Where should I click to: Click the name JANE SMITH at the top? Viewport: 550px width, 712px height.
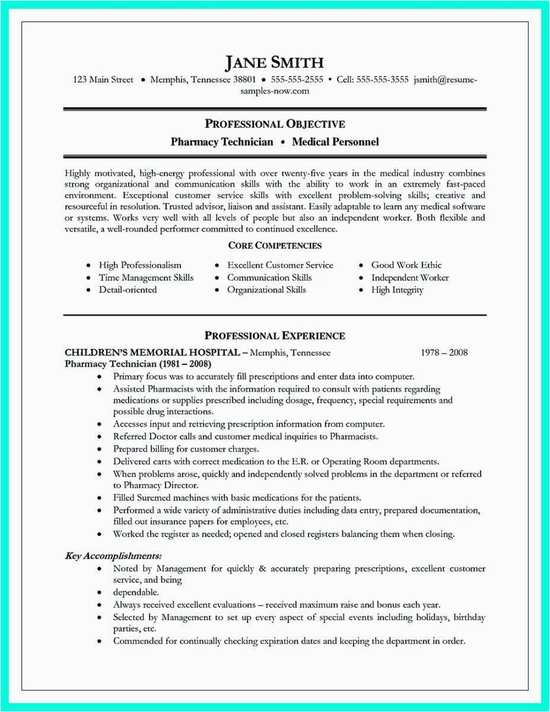(275, 62)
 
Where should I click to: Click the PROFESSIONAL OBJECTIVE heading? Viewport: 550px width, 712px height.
(275, 124)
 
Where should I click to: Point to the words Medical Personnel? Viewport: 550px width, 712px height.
(335, 142)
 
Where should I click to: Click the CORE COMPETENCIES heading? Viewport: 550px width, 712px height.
(275, 245)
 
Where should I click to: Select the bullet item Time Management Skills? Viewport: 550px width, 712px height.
(146, 278)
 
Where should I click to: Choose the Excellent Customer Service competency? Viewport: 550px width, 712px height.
(280, 265)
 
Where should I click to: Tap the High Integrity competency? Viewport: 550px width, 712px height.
(397, 290)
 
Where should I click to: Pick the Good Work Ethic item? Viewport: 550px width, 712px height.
(406, 265)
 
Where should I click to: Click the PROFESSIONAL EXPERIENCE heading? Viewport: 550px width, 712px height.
(275, 336)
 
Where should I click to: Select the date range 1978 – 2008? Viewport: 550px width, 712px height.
(444, 352)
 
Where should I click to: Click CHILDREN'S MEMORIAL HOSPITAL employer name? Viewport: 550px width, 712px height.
(152, 352)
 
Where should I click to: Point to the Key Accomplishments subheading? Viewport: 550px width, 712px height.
(113, 556)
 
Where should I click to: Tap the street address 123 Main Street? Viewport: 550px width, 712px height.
(103, 80)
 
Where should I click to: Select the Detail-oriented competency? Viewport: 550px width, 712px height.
(128, 290)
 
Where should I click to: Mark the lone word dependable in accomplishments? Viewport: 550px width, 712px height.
(136, 592)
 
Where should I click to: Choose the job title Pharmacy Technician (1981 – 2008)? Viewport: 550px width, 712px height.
(138, 364)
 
